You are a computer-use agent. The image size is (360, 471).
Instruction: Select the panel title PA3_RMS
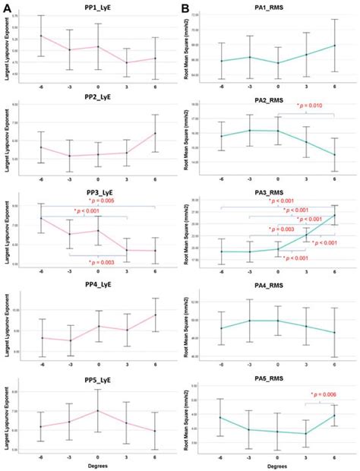pos(277,194)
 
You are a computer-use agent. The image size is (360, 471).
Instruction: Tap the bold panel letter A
pos(6,7)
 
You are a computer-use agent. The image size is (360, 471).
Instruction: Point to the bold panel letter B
pos(186,7)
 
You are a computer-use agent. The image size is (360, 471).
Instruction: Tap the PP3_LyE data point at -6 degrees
pos(41,219)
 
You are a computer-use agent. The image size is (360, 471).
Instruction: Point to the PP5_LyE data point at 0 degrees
pos(98,411)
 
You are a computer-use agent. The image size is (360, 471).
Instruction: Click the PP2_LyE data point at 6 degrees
pos(154,134)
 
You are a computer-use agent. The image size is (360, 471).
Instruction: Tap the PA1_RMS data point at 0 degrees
pos(278,63)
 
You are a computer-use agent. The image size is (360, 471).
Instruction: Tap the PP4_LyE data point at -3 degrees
pos(70,340)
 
